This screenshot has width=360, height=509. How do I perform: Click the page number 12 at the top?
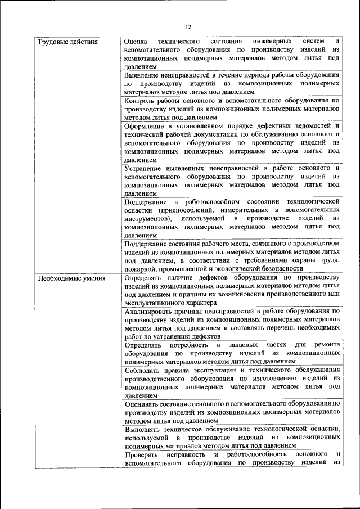click(188, 27)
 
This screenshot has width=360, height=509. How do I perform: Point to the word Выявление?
click(145, 75)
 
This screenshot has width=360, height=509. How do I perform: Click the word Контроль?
click(141, 100)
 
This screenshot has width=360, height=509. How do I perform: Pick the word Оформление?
click(147, 125)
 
